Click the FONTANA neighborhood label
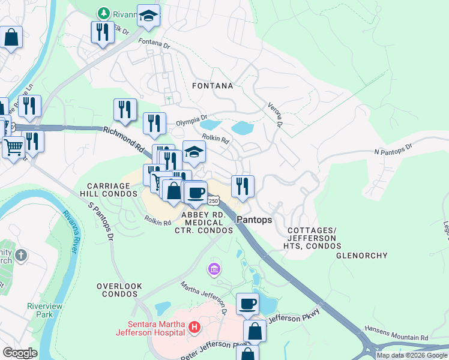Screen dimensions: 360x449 (212, 86)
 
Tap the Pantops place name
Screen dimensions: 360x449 (254, 220)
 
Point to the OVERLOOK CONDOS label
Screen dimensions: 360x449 (119, 290)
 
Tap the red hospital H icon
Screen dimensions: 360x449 (194, 328)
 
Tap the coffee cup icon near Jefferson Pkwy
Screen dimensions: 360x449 (247, 304)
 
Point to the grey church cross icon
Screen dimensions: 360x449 (21, 256)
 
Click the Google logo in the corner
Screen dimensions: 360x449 (19, 353)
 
